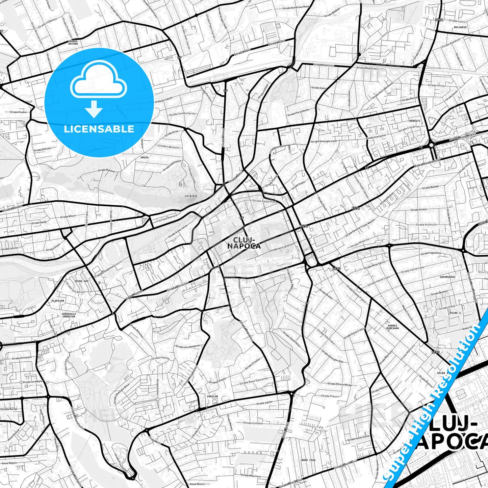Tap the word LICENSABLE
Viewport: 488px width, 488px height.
tap(99, 129)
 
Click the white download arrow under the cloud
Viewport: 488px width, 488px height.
tap(94, 109)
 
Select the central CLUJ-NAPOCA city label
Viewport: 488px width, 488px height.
tap(244, 242)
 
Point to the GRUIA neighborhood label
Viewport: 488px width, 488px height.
tap(144, 157)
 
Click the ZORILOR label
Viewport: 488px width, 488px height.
tap(213, 396)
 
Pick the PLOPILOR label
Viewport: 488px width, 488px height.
tap(58, 301)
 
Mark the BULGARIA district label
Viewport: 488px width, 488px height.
tap(460, 27)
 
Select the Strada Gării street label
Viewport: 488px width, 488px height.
tap(277, 43)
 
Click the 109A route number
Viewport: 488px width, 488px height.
tap(439, 20)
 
